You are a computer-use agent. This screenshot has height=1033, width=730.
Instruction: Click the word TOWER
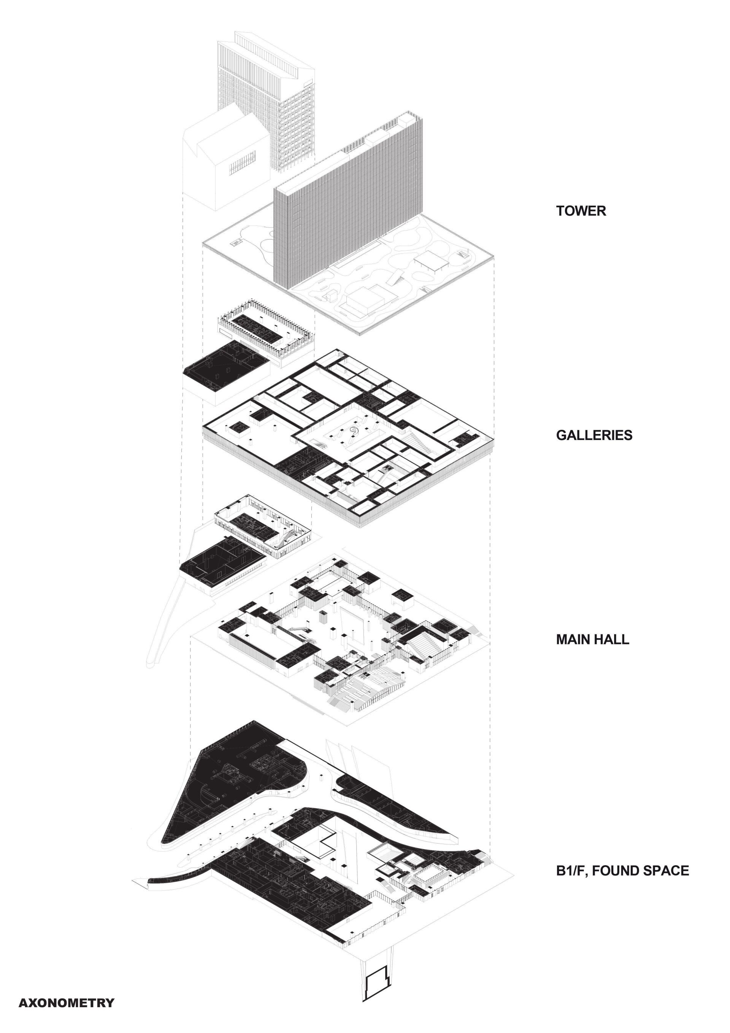581,211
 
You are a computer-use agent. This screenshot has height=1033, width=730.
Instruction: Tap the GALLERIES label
594,435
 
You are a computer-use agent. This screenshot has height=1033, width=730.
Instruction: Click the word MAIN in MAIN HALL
572,639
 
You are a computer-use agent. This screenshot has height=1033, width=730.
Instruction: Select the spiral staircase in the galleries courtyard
354,431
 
